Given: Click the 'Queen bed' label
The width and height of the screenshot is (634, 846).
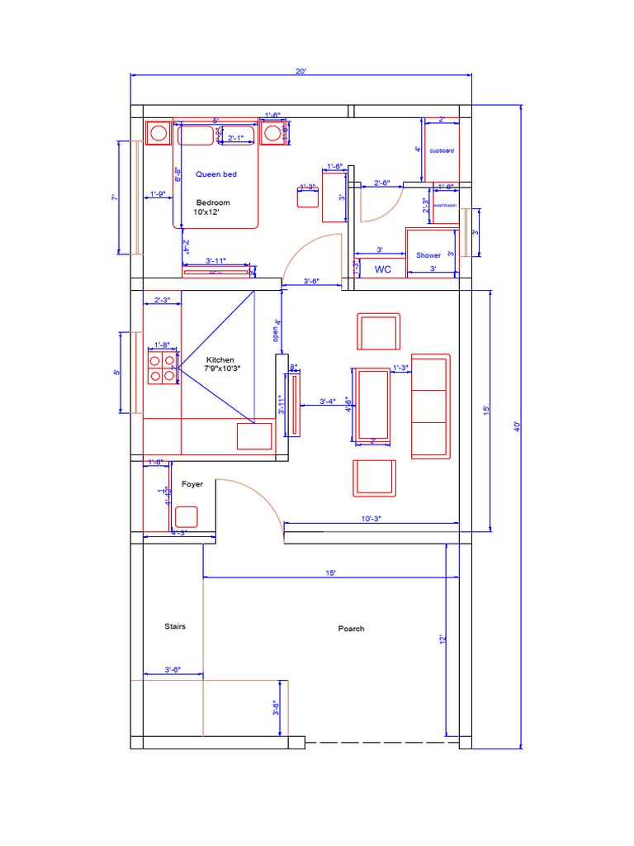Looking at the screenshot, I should pos(216,174).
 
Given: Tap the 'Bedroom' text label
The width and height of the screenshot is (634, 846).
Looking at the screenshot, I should pos(213,202).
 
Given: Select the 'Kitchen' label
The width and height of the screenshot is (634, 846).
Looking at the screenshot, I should pos(220,360).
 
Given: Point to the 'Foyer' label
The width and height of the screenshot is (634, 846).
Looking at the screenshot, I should pos(192,484).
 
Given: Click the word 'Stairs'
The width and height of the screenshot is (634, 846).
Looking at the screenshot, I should pos(175,626).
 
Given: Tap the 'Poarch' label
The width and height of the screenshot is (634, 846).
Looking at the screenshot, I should pos(351,629).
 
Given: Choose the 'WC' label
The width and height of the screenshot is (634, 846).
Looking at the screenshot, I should pos(383,269).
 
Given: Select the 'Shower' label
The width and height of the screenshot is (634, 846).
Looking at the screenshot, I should pos(428,255).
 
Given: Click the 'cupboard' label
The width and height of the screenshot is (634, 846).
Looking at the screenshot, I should pos(442,151).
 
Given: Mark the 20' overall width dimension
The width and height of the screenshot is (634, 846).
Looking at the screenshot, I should pos(301,72).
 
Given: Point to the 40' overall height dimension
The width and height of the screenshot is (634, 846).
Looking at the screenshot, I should pos(517,426).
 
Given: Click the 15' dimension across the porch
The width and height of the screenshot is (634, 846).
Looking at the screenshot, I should pos(330,572).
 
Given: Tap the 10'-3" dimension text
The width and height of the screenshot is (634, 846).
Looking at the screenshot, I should pos(371,518).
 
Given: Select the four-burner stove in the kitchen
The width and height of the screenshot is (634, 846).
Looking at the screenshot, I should pos(162,367).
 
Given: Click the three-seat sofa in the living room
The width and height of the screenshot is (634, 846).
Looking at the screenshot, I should pos(431,406).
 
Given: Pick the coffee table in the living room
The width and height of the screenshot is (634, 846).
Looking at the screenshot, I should pos(371,405).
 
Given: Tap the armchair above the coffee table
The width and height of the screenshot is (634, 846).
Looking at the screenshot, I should pos(378,332).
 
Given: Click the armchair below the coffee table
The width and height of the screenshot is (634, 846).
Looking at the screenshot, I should pos(374,478).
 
